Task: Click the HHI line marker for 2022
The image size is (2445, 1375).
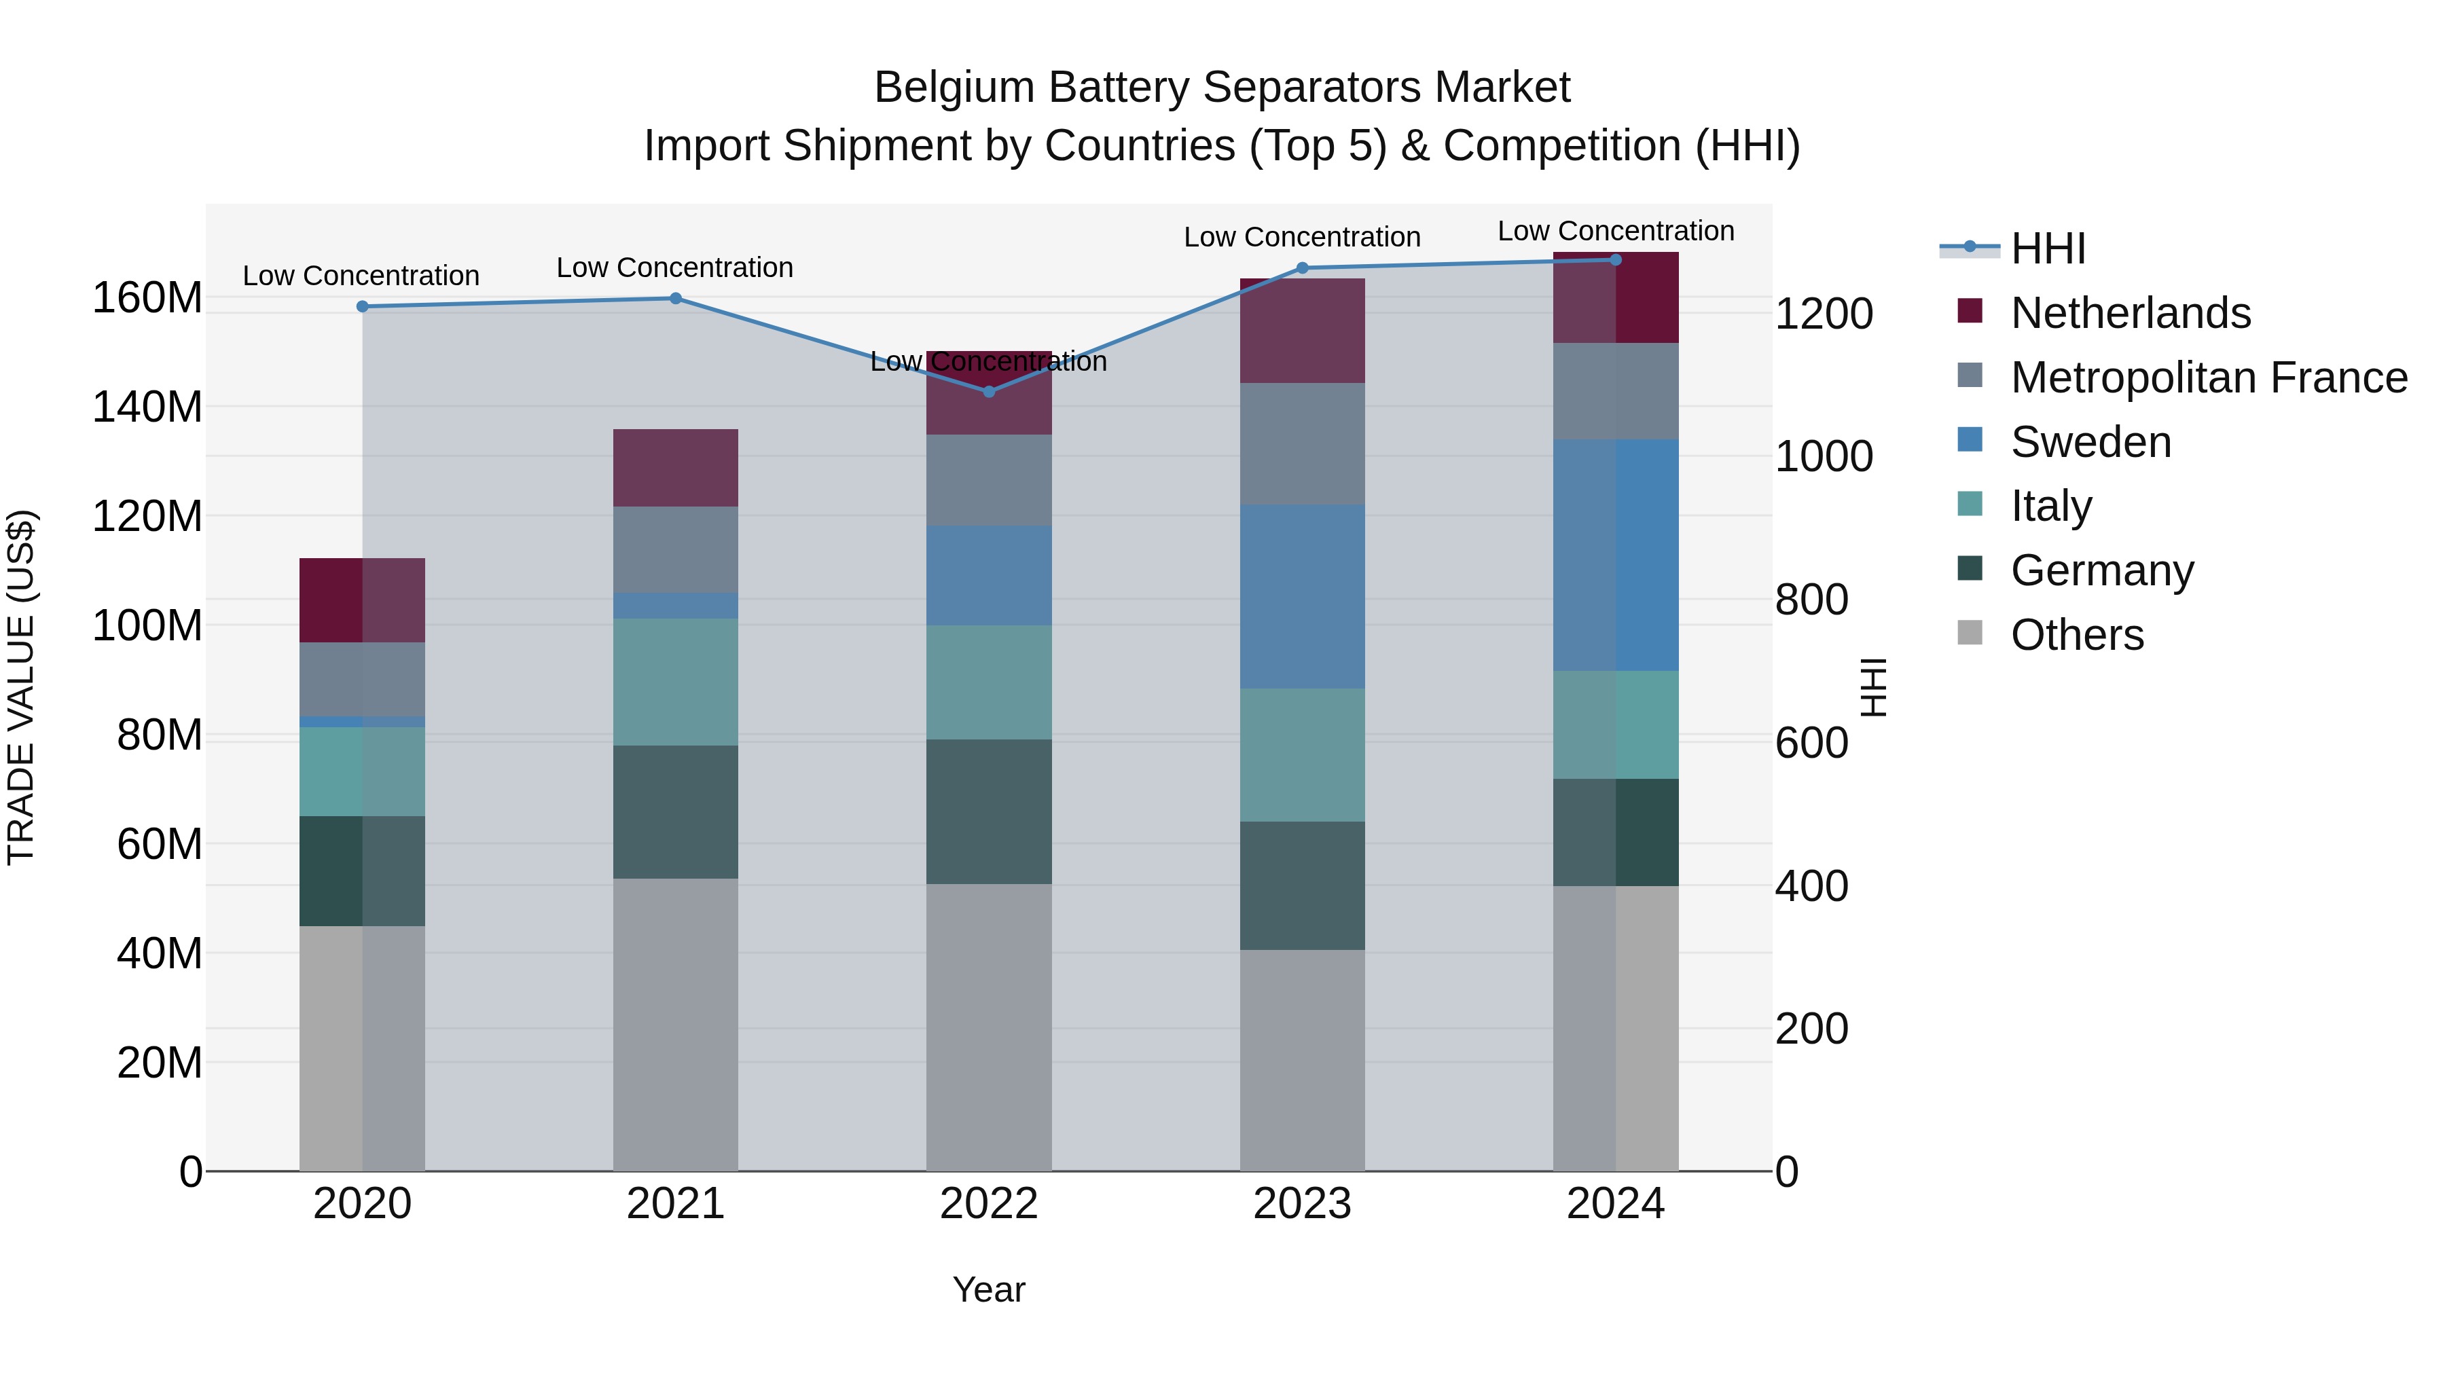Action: pyautogui.click(x=988, y=391)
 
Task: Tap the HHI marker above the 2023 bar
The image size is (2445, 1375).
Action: pyautogui.click(x=1301, y=268)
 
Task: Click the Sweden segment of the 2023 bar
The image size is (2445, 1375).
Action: pyautogui.click(x=1301, y=596)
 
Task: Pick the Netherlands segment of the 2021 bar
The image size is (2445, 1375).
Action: pyautogui.click(x=675, y=467)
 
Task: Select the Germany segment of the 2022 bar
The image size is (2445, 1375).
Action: pyautogui.click(x=988, y=811)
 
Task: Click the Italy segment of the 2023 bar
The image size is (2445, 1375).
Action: pyautogui.click(x=1301, y=754)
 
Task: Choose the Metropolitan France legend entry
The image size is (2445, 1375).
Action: pyautogui.click(x=2208, y=377)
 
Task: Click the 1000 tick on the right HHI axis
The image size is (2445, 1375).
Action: pyautogui.click(x=1824, y=456)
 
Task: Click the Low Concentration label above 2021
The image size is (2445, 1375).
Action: pyautogui.click(x=675, y=268)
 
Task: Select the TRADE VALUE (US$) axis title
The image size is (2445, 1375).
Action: pyautogui.click(x=21, y=687)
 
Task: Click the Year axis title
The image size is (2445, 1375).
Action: pyautogui.click(x=988, y=1289)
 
